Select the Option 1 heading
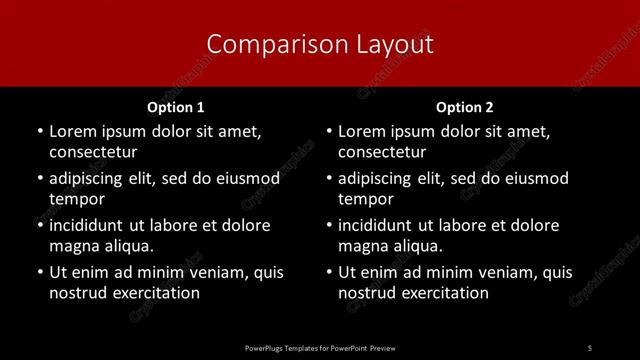[176, 107]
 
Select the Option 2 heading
[465, 107]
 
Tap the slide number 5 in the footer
[590, 346]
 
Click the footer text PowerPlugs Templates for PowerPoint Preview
[320, 346]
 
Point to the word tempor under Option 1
[76, 199]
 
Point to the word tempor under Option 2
[366, 199]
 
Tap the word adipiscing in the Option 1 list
[91, 179]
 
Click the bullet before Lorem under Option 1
[39, 131]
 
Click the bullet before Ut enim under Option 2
[329, 272]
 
